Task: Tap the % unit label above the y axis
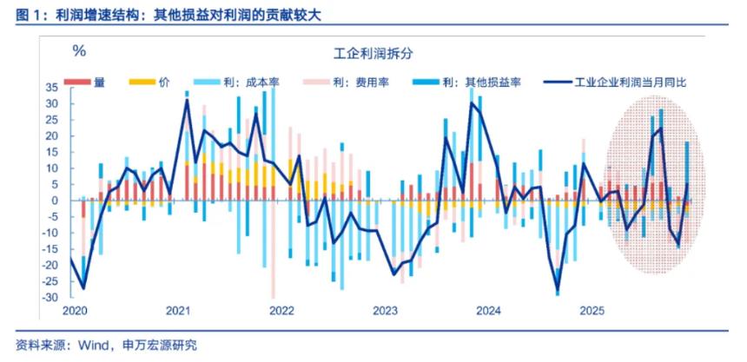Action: click(x=79, y=50)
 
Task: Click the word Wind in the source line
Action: click(x=94, y=346)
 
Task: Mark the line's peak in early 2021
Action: click(x=187, y=101)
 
